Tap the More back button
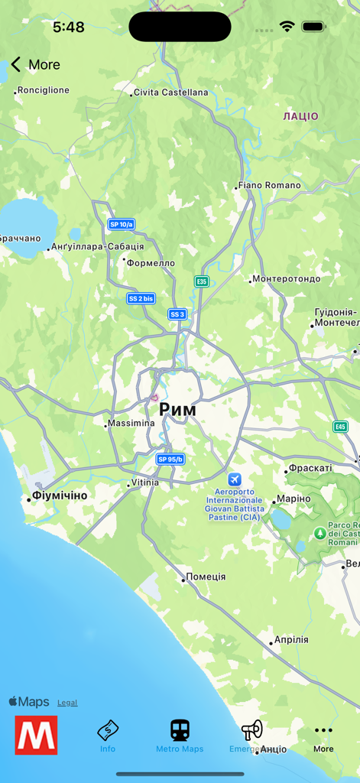35,65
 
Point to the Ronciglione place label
43,90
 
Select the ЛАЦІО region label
300,116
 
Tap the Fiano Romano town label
269,185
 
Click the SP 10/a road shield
121,224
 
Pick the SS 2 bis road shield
141,298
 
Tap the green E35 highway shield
201,281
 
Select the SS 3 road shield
177,314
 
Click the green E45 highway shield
340,427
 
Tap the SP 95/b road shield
170,459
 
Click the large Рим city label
177,410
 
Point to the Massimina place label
131,423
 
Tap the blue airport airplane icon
234,479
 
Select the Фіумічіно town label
60,495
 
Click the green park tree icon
319,532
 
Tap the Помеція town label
206,577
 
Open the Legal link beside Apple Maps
67,703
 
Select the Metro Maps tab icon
180,730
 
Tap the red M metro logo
36,735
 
